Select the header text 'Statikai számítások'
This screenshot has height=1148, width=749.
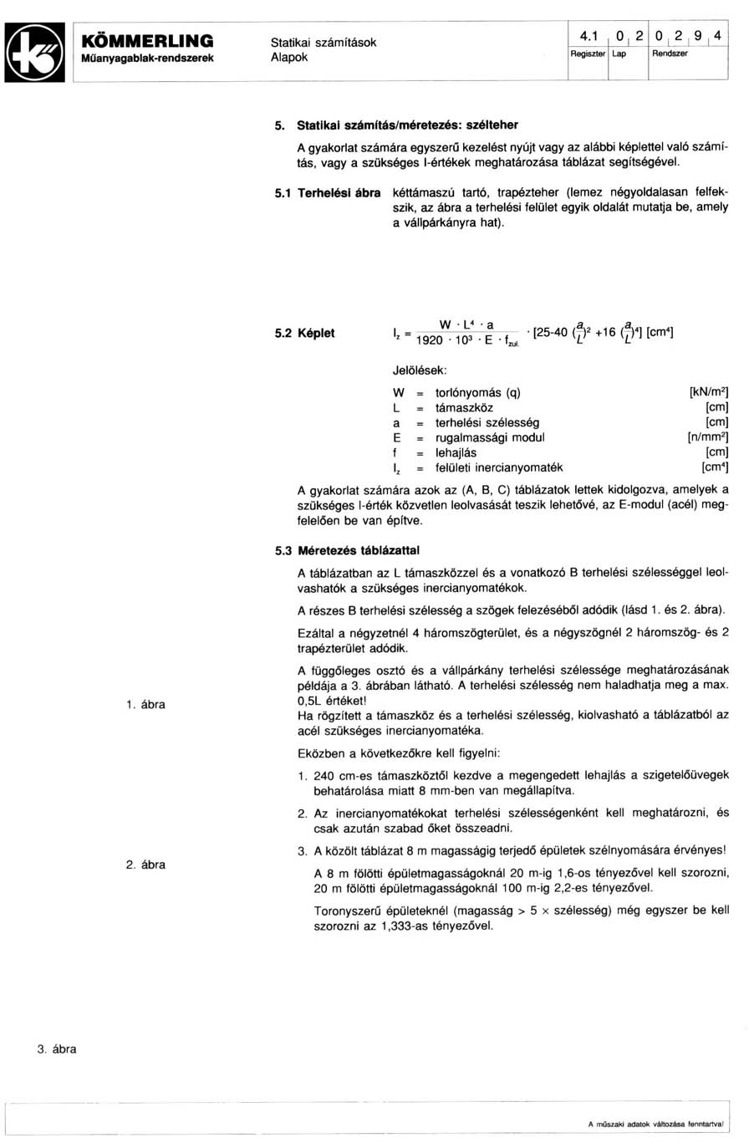click(323, 42)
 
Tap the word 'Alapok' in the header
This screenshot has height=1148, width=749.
click(289, 57)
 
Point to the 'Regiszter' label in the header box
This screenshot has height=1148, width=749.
click(588, 53)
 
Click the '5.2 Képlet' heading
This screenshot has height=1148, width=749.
click(305, 333)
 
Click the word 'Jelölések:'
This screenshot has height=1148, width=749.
click(420, 369)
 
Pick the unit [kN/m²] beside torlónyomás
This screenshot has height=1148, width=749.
click(707, 392)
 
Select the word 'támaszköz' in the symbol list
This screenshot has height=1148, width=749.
click(464, 407)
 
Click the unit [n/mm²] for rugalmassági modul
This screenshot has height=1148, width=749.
click(707, 437)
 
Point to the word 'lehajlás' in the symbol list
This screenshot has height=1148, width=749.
click(456, 452)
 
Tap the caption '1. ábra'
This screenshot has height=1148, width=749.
click(145, 705)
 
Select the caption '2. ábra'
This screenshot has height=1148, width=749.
click(145, 865)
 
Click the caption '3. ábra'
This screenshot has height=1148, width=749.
click(56, 1049)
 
